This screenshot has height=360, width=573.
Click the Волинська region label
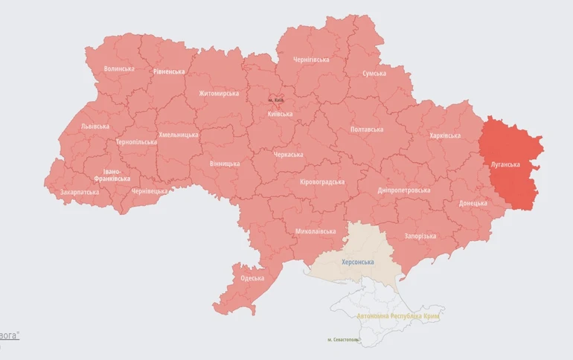(x=119, y=69)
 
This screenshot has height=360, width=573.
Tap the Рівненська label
(x=169, y=71)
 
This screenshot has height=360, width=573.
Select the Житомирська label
(x=219, y=94)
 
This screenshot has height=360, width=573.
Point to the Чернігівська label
(x=311, y=60)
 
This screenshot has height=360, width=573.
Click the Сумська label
(x=374, y=73)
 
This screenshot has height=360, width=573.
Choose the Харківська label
(x=445, y=135)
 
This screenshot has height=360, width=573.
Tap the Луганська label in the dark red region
(x=505, y=164)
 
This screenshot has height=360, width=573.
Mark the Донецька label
(x=473, y=203)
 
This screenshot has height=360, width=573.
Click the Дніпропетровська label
(x=404, y=190)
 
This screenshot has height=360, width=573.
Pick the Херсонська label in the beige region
(x=357, y=263)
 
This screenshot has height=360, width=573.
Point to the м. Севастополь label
(x=343, y=340)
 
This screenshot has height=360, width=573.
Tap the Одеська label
(x=252, y=278)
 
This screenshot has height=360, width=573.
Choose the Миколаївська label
(x=315, y=231)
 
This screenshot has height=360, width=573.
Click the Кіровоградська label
(x=322, y=182)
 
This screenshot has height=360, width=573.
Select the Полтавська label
(x=367, y=129)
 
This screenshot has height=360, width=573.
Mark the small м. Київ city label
(x=276, y=100)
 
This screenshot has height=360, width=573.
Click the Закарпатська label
(x=80, y=192)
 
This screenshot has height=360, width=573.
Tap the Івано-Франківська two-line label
(x=112, y=175)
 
